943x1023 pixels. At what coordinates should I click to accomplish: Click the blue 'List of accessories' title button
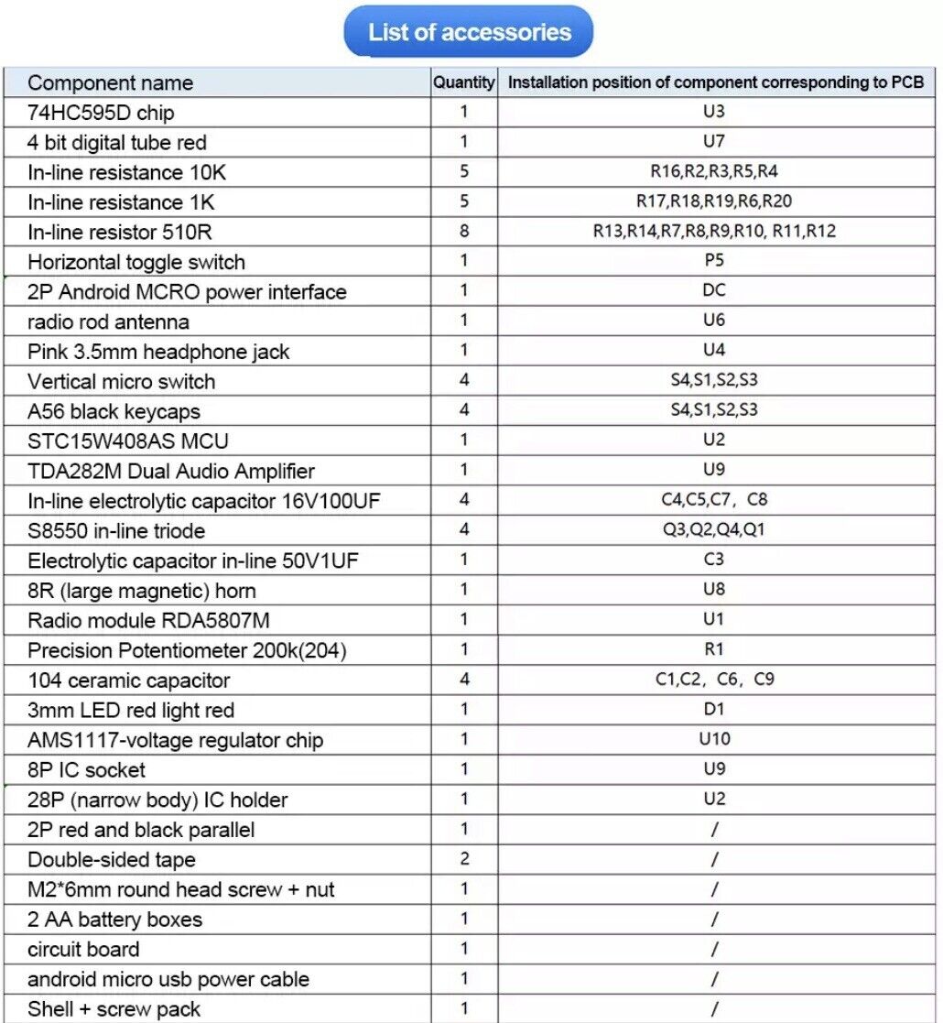pyautogui.click(x=468, y=32)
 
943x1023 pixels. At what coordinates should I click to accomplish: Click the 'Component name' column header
pyautogui.click(x=110, y=82)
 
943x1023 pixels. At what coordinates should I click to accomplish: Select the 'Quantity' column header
pyautogui.click(x=463, y=82)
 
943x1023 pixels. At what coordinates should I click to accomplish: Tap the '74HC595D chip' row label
pyautogui.click(x=101, y=113)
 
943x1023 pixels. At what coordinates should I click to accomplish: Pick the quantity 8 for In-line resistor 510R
pyautogui.click(x=464, y=231)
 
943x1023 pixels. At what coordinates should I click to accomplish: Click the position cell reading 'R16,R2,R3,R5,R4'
pyautogui.click(x=714, y=171)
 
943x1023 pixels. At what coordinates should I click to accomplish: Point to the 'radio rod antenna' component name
pyautogui.click(x=108, y=321)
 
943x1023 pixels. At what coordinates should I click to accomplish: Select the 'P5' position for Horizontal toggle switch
pyautogui.click(x=714, y=260)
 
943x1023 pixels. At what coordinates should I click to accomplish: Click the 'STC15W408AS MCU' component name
pyautogui.click(x=128, y=441)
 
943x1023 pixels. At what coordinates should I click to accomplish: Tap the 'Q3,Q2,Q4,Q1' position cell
pyautogui.click(x=714, y=530)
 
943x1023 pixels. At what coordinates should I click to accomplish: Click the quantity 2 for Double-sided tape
pyautogui.click(x=464, y=858)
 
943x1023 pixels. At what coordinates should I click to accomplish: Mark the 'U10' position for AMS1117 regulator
pyautogui.click(x=714, y=739)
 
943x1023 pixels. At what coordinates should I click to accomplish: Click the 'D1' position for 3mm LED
pyautogui.click(x=714, y=709)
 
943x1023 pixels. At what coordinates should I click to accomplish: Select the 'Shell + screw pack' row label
pyautogui.click(x=114, y=1008)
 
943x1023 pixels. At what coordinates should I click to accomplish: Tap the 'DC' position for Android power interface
pyautogui.click(x=714, y=290)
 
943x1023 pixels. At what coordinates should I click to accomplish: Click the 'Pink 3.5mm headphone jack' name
pyautogui.click(x=158, y=352)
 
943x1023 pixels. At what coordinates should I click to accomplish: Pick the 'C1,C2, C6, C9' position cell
pyautogui.click(x=714, y=680)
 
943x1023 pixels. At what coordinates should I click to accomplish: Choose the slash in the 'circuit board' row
pyautogui.click(x=714, y=949)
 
